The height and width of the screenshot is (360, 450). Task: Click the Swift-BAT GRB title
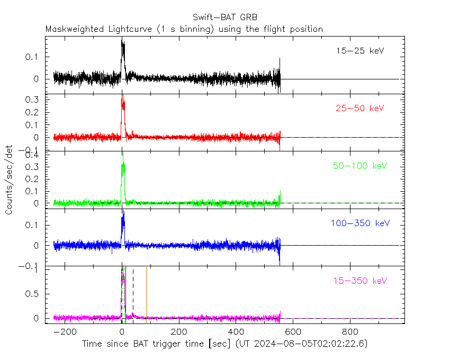(x=225, y=17)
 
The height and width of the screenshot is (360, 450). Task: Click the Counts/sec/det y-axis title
(x=9, y=181)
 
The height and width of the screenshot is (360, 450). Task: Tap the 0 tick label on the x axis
(x=122, y=332)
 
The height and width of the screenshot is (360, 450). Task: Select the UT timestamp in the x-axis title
(x=301, y=344)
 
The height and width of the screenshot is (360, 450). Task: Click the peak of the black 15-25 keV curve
(x=122, y=40)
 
